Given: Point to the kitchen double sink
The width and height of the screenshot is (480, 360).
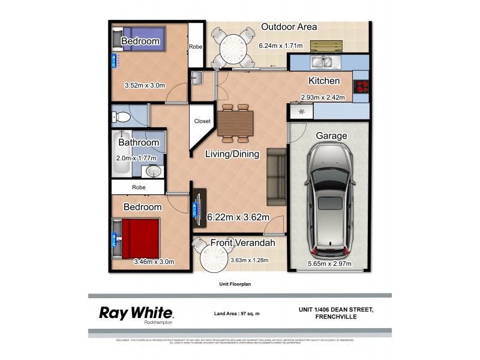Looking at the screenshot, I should (x=323, y=61).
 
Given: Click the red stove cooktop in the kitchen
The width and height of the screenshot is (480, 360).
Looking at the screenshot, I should (x=361, y=86).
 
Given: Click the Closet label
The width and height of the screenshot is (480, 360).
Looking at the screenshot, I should (x=202, y=121).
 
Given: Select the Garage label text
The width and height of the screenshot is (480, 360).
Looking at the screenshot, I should (x=331, y=136).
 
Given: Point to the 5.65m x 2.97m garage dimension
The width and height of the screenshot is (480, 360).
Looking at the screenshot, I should (x=329, y=263).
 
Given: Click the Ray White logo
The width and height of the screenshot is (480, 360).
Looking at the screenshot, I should (x=136, y=313).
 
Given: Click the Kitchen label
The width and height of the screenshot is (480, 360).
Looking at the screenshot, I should (x=324, y=80).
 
